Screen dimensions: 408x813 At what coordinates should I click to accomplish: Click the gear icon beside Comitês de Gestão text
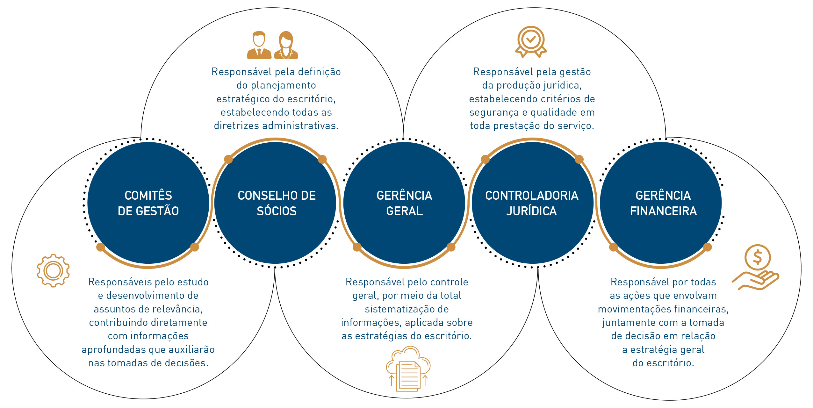[x=53, y=271]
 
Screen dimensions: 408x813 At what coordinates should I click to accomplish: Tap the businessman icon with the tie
[x=259, y=45]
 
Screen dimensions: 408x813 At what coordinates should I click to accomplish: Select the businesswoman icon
[x=286, y=45]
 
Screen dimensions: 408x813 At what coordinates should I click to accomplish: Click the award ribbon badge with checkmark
[x=531, y=41]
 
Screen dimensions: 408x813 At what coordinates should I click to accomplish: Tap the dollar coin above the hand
[x=757, y=257]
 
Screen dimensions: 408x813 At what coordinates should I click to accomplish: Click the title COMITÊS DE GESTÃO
[x=148, y=203]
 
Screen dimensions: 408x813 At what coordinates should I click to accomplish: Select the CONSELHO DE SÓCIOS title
[x=277, y=203]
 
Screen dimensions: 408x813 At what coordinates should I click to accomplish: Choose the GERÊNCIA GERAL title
[x=404, y=203]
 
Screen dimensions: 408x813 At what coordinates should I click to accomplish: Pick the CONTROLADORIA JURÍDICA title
[x=532, y=203]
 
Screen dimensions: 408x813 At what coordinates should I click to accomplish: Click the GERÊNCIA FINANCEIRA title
[x=663, y=203]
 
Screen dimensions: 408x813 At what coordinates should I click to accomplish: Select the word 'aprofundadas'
[x=108, y=350]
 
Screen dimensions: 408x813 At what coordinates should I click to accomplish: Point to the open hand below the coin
[x=757, y=280]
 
